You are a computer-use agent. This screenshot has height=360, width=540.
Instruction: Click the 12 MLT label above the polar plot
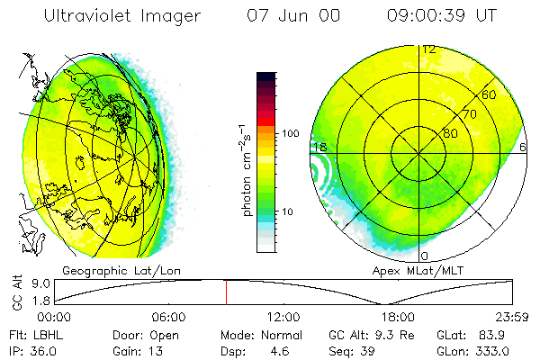(x=429, y=49)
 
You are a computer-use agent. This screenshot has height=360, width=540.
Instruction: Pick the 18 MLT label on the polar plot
(x=319, y=147)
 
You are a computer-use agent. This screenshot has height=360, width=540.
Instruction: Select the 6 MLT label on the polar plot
(x=523, y=147)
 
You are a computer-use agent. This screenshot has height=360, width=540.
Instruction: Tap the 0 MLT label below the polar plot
(x=425, y=256)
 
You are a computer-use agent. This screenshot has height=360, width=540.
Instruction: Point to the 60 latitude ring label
(x=490, y=94)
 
